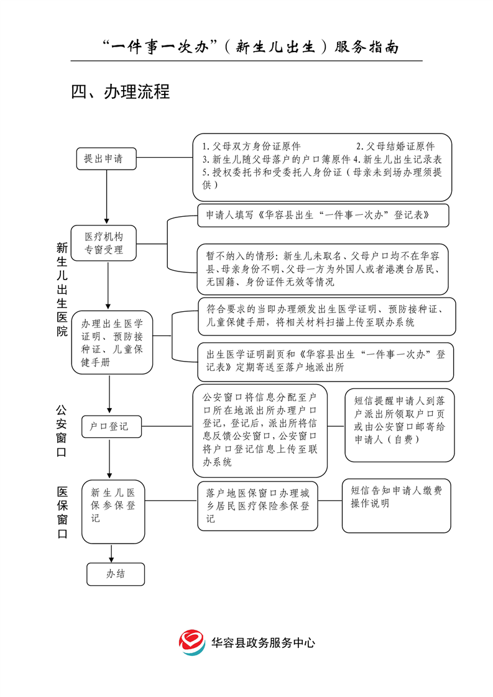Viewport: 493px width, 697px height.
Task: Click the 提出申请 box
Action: pyautogui.click(x=104, y=158)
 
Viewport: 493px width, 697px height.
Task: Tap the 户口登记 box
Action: pyautogui.click(x=109, y=427)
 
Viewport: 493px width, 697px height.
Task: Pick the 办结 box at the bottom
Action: pyautogui.click(x=116, y=574)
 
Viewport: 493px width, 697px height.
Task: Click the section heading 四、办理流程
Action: pyautogui.click(x=120, y=93)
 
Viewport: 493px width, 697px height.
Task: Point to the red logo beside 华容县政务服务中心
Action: pyautogui.click(x=192, y=642)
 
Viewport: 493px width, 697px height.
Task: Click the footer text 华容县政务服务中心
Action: pyautogui.click(x=263, y=643)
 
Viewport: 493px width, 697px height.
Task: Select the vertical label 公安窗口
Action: pyautogui.click(x=62, y=431)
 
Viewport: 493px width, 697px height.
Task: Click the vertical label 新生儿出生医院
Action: pyautogui.click(x=62, y=289)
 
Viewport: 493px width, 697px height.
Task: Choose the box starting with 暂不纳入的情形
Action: pyautogui.click(x=323, y=268)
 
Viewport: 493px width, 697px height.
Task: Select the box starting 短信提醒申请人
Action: pyautogui.click(x=400, y=425)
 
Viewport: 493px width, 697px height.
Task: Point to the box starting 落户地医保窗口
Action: pyautogui.click(x=257, y=506)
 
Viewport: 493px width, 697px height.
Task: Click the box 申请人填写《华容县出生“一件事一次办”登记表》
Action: pyautogui.click(x=323, y=216)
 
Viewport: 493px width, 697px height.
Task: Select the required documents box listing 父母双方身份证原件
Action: pyautogui.click(x=321, y=166)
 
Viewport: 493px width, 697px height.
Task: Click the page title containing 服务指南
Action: pyautogui.click(x=250, y=47)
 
